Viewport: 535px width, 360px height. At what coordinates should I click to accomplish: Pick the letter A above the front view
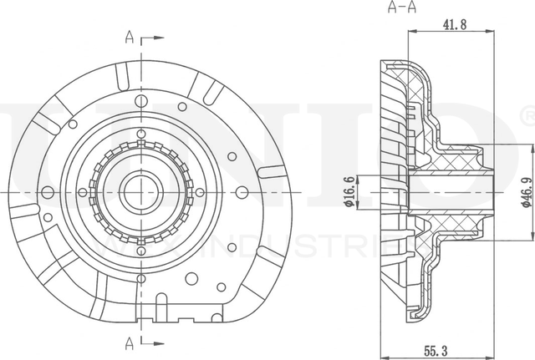[129, 36]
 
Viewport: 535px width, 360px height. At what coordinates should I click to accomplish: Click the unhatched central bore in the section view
[451, 191]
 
